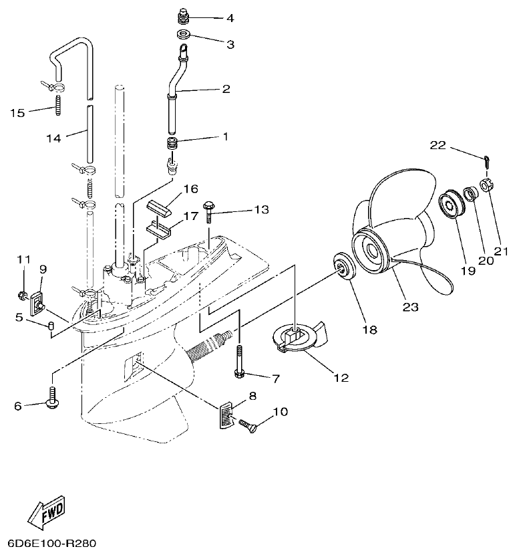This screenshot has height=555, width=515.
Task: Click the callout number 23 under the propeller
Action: click(410, 307)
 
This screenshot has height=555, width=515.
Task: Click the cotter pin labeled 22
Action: click(486, 161)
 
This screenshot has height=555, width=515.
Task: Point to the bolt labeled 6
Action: click(51, 398)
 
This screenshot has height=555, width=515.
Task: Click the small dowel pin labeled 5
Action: click(50, 326)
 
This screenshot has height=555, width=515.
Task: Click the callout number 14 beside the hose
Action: click(53, 138)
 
